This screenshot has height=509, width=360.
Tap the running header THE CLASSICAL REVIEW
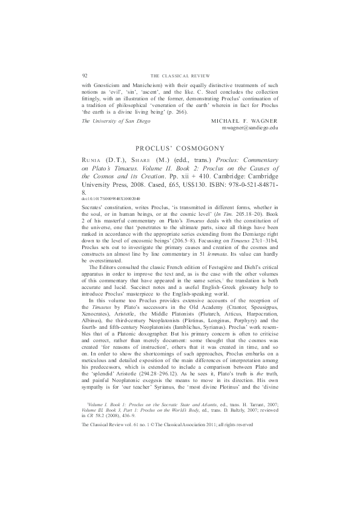coord(180,75)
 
